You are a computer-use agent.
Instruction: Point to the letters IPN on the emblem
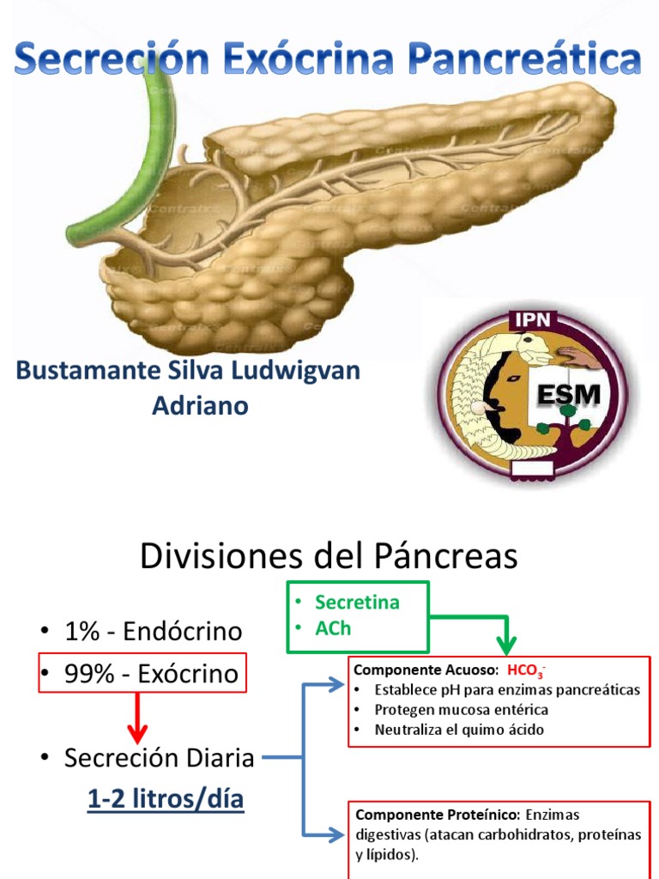point(534,321)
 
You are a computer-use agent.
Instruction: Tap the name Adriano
point(200,405)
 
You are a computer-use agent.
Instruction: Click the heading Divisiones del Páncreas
point(329,556)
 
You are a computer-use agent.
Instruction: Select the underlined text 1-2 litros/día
point(166,800)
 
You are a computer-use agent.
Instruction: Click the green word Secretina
point(357,602)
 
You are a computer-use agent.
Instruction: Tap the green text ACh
point(333,627)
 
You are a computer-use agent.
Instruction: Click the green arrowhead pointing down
point(506,645)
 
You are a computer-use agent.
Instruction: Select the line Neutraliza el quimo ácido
point(459,730)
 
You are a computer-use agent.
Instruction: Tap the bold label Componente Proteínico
point(437,814)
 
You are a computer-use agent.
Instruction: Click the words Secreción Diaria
point(159,758)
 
